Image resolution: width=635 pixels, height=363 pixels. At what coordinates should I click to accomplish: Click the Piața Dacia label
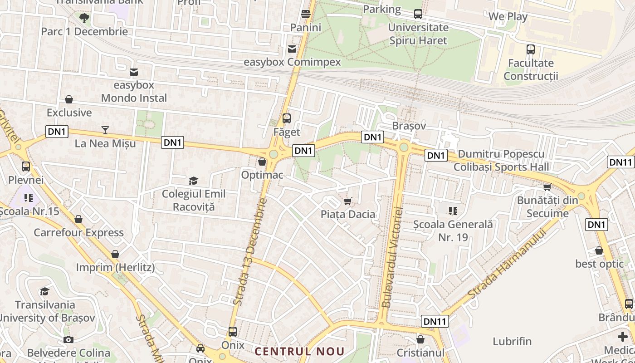[x=348, y=214]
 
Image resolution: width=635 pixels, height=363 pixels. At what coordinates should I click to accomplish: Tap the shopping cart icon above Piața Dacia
[x=348, y=201]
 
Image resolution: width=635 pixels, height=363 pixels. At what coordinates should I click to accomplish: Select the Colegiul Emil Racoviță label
[x=194, y=201]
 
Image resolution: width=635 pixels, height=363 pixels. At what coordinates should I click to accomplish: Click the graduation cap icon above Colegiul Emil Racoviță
[x=194, y=181]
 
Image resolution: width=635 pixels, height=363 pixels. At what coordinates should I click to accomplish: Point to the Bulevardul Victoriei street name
[x=392, y=258]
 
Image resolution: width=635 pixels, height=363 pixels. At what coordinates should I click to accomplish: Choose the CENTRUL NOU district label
[x=300, y=351]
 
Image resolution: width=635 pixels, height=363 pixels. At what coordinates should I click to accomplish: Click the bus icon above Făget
[x=287, y=118]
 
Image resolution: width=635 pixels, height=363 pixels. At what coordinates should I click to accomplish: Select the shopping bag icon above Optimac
[x=262, y=162]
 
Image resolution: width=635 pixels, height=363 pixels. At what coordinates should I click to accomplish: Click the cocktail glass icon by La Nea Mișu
[x=105, y=131]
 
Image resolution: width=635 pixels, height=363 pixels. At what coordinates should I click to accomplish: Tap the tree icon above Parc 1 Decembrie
[x=84, y=18]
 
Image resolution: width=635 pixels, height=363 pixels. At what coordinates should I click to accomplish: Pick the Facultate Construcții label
[x=531, y=69]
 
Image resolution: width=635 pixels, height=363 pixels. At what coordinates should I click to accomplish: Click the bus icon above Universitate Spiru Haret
[x=418, y=14]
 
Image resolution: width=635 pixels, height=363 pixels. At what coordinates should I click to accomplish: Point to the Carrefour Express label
[x=78, y=233]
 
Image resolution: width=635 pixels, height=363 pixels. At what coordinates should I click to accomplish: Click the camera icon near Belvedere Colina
[x=68, y=339]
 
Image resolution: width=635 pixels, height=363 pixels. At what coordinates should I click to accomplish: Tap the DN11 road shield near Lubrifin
[x=435, y=321]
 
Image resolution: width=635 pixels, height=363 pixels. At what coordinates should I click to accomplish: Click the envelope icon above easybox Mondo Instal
[x=134, y=72]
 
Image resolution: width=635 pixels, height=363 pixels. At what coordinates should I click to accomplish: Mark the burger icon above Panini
[x=306, y=14]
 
